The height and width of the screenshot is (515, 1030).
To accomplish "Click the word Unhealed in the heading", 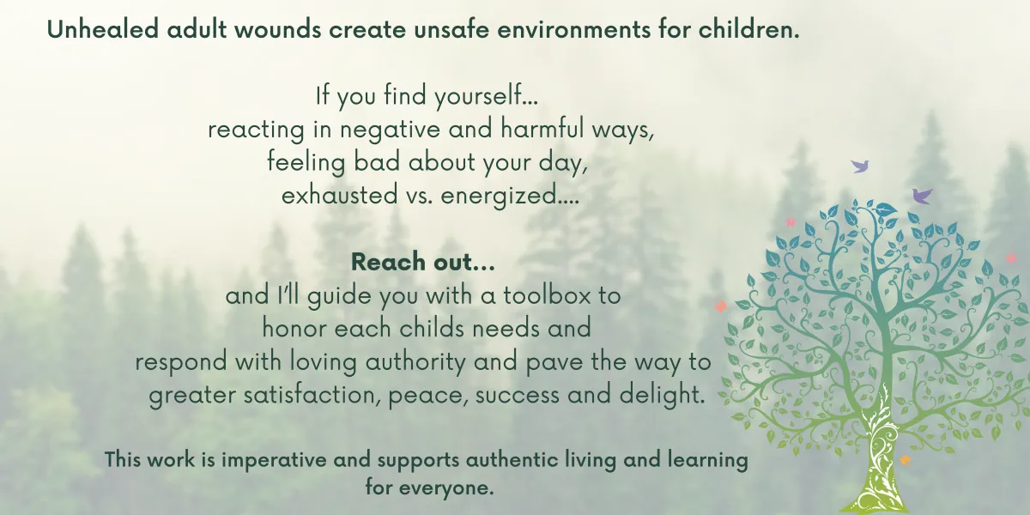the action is pyautogui.click(x=103, y=29).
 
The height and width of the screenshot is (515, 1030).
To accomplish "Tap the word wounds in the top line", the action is pyautogui.click(x=278, y=29).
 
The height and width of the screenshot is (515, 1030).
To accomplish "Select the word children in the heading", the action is pyautogui.click(x=749, y=29).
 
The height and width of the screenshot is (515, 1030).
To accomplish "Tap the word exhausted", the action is pyautogui.click(x=339, y=195).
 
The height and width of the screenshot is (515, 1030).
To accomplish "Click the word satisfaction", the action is pyautogui.click(x=312, y=395).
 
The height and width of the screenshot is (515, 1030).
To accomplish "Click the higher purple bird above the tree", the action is pyautogui.click(x=859, y=166).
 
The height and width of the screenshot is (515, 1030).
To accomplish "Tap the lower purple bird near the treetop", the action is pyautogui.click(x=922, y=196).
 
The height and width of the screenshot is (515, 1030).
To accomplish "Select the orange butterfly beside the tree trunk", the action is pyautogui.click(x=905, y=460).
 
